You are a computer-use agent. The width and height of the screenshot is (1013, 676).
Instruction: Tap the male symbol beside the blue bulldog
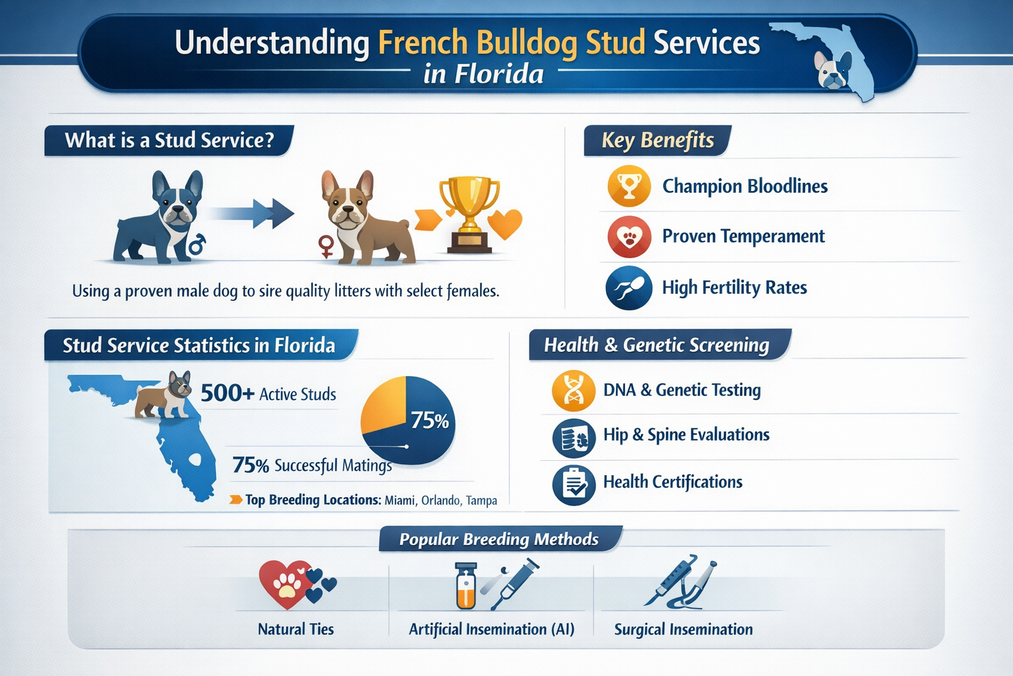coord(197,245)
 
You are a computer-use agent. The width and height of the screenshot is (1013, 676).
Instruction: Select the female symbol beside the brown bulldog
coord(326,246)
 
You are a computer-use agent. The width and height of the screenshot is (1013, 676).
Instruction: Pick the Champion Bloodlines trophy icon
coord(629,187)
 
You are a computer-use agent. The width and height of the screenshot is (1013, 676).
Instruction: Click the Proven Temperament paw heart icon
coord(629,237)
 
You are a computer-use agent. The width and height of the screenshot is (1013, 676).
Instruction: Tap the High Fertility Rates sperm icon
coord(629,288)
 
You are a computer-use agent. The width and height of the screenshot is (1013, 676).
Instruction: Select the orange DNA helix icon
coord(574,391)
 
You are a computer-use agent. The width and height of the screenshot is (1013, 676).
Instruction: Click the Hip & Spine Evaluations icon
coord(574,438)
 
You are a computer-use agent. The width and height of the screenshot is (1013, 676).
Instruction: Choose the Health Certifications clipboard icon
coord(574,485)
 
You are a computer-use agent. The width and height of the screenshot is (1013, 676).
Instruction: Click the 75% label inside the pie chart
coord(429,421)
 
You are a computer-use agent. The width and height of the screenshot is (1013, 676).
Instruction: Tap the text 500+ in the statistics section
coord(227,393)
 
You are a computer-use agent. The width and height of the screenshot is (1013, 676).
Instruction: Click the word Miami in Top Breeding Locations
coord(400,500)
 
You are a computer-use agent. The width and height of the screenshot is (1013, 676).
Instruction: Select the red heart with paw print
coord(286,583)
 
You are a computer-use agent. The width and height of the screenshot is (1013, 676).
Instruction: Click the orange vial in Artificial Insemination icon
coord(466,587)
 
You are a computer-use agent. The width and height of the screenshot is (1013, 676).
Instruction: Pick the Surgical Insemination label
coord(683,630)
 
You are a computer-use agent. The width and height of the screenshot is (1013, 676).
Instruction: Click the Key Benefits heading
coord(658,141)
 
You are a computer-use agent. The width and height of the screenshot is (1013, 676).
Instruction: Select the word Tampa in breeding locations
coord(481,500)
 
